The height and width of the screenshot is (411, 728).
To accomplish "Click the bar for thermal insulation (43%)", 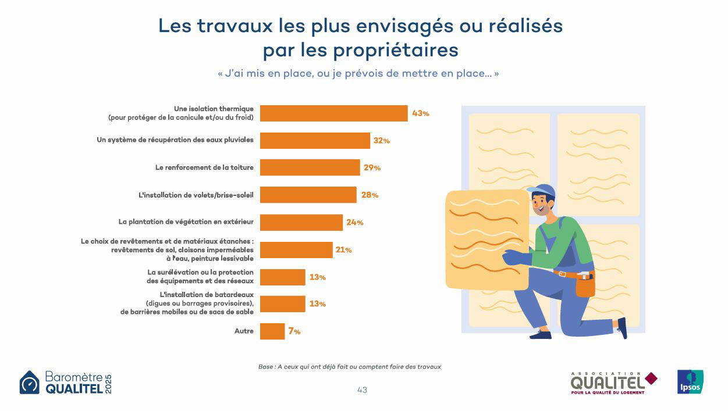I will [x=333, y=113].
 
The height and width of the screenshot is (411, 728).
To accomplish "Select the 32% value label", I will [x=382, y=141].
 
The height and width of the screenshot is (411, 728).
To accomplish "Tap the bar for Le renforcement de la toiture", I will [x=310, y=167].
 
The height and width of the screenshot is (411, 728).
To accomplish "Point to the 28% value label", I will [x=370, y=195].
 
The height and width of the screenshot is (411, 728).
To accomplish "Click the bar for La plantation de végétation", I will [x=301, y=223].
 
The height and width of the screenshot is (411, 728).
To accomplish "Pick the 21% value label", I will [x=343, y=250].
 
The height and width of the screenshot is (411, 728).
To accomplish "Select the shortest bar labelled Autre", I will [x=272, y=331].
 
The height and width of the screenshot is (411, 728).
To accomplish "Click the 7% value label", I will [x=294, y=331].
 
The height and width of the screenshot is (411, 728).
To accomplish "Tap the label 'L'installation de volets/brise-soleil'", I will [x=196, y=195].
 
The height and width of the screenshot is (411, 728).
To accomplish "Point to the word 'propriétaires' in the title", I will [x=396, y=50].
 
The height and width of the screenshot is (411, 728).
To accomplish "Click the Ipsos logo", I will [x=690, y=382].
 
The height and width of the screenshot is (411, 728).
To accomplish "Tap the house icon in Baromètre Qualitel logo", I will [x=30, y=383].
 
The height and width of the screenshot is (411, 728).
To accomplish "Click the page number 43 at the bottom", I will [x=362, y=390].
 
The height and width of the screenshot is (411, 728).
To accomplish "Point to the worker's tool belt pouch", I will [x=585, y=284].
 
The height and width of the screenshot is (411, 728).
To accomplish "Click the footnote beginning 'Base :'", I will [x=350, y=367].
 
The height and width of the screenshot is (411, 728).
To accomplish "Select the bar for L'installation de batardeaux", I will [x=282, y=304].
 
